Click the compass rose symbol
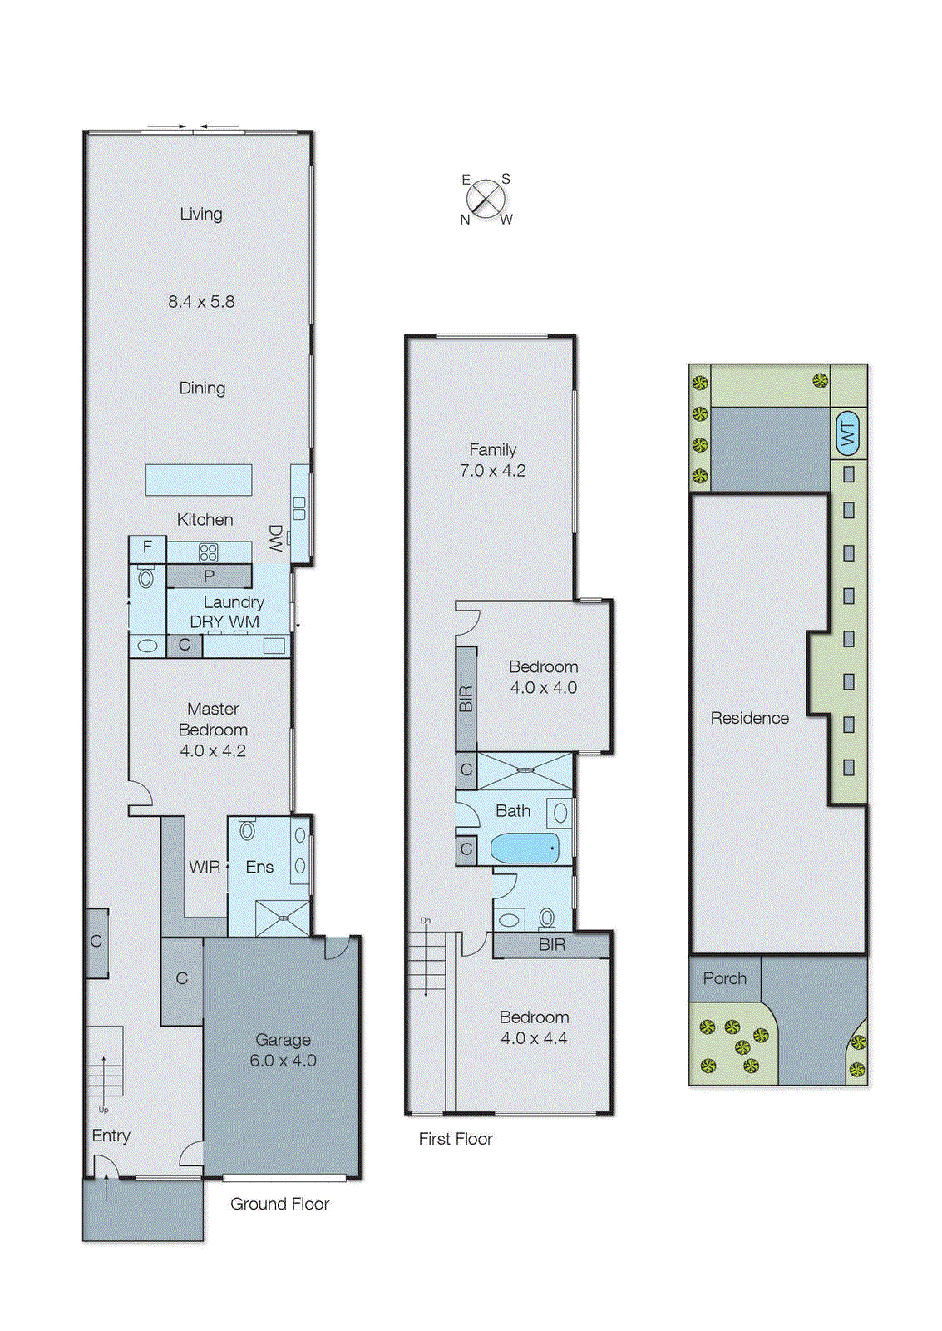click(486, 200)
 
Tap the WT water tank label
click(847, 433)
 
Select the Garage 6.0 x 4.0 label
click(283, 1051)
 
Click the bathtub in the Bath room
click(525, 849)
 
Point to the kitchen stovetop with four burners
click(208, 552)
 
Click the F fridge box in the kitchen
click(147, 547)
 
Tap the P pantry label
click(209, 576)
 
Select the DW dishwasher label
click(275, 538)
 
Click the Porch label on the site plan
click(724, 978)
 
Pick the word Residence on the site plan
click(749, 718)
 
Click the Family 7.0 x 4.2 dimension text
click(493, 471)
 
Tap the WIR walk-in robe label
click(205, 867)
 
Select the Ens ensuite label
click(259, 867)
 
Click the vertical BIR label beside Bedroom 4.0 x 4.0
click(466, 698)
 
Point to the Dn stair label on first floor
click(426, 921)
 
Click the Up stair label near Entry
click(104, 1110)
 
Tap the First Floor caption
click(456, 1139)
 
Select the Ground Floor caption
click(279, 1204)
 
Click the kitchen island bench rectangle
click(199, 480)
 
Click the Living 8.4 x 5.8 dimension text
click(201, 302)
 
